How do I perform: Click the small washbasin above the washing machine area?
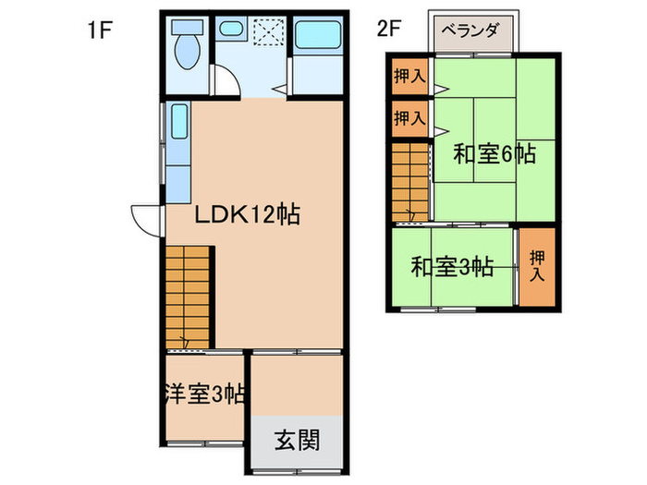(230, 30)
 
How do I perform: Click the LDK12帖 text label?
(245, 215)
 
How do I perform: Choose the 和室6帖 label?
(494, 154)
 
